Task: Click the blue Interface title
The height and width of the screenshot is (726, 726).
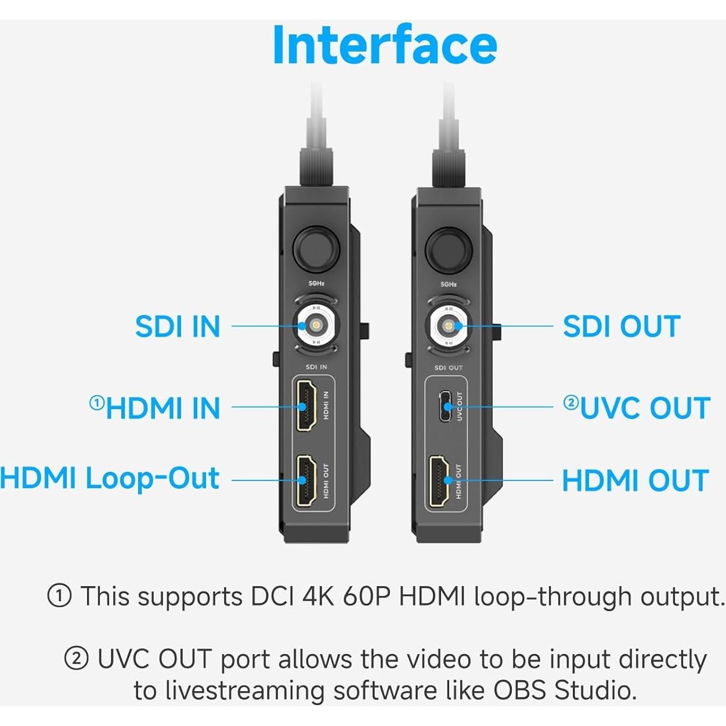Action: pos(384,45)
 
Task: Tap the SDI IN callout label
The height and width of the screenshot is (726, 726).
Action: pos(178,327)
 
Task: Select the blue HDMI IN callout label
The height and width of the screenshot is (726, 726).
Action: pos(163,408)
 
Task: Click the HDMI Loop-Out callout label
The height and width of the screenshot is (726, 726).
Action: pos(109,479)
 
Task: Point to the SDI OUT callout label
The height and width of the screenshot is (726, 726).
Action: pos(622,327)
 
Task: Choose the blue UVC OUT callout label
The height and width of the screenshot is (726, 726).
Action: pos(645,408)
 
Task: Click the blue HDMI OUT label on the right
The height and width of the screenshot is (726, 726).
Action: pos(635,481)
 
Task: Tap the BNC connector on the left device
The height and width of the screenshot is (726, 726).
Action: pos(316,326)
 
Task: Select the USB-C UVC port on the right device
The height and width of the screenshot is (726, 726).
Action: pos(445,406)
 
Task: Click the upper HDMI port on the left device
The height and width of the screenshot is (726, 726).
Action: pos(305,406)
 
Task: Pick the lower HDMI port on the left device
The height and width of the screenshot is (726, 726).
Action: pos(305,481)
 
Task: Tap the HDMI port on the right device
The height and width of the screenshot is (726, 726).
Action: pos(439,481)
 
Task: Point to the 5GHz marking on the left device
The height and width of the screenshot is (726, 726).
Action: pos(316,284)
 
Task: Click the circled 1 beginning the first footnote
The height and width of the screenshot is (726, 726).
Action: pos(59,596)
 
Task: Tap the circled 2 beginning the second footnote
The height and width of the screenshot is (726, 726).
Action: pos(76,659)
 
